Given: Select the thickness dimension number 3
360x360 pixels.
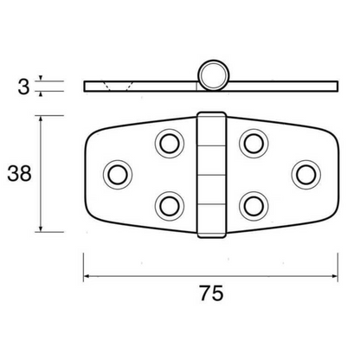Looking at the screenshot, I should tap(22, 86).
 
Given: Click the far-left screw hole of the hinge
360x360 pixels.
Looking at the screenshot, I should tap(115, 173).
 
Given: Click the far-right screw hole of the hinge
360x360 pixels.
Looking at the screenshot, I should tap(304, 173).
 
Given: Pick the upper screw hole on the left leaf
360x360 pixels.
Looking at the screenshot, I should tap(167, 142).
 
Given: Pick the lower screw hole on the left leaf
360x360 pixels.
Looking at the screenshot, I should tap(167, 205).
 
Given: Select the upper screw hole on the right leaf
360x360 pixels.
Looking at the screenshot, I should tap(252, 142).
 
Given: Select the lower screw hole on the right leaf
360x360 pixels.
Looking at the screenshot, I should tap(252, 205).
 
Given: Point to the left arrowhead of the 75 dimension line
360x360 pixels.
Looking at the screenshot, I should tap(87, 277).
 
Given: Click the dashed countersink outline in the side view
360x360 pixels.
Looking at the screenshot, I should tap(119, 86).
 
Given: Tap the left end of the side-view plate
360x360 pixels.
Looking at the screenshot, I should tap(86, 86).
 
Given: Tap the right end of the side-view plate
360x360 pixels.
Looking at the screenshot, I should tap(334, 86).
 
